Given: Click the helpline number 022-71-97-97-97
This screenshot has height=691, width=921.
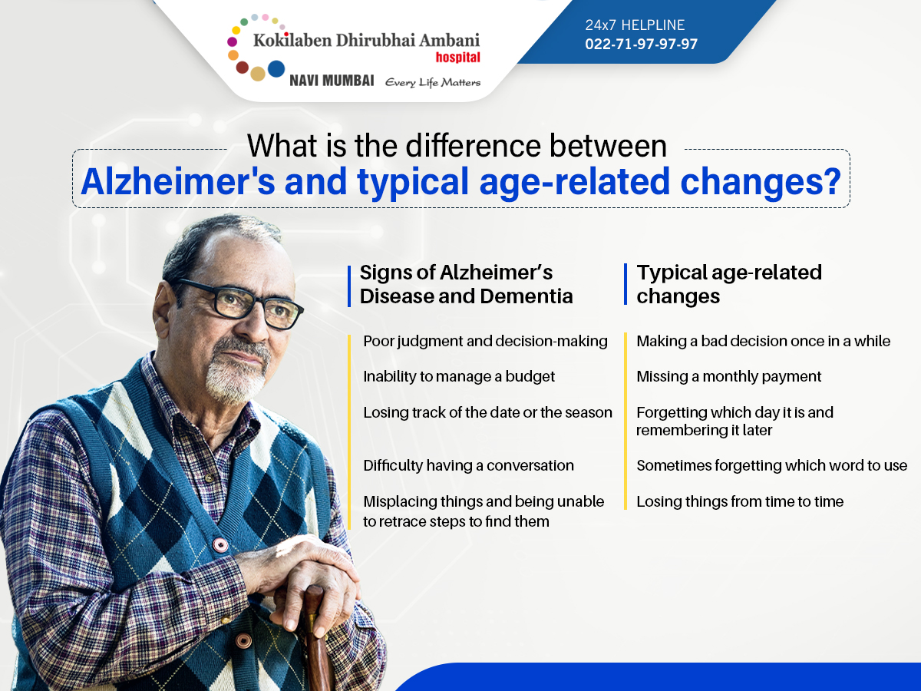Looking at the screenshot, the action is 641,44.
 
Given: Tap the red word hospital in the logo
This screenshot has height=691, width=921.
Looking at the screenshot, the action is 457,58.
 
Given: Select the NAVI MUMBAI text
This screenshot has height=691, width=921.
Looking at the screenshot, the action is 332,80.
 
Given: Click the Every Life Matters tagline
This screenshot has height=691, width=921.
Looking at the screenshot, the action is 433,82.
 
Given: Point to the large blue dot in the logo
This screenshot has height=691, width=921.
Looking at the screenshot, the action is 276,69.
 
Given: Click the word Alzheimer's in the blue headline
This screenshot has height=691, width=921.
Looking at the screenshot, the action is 178,182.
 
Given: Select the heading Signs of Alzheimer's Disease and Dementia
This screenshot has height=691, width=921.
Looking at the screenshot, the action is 466,284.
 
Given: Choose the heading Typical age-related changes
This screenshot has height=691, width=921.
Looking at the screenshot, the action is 729,284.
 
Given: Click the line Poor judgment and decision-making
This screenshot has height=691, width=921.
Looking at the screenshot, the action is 485,342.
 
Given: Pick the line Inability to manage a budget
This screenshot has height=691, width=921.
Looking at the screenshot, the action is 459,377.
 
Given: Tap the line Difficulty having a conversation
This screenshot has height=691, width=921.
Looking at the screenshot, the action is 468,466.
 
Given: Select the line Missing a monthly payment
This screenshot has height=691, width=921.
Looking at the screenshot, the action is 728,377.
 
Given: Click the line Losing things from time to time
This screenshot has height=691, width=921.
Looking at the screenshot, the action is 740,502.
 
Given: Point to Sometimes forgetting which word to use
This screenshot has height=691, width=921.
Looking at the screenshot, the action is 771,466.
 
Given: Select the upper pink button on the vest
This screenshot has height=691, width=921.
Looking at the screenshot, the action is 220,545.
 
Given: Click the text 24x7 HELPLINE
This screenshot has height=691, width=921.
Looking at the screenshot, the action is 635,25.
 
